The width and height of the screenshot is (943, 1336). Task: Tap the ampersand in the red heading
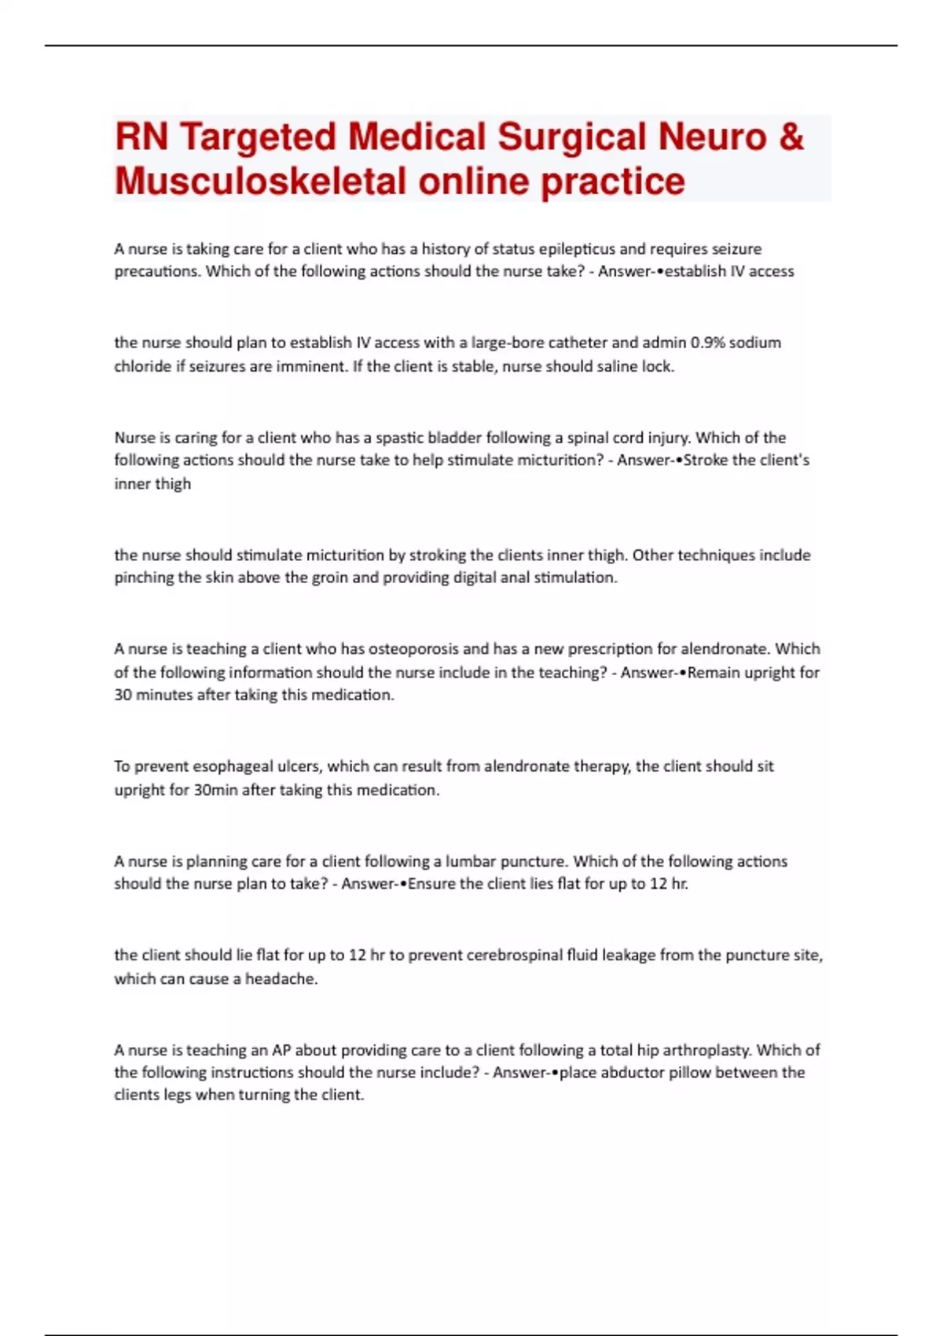(792, 137)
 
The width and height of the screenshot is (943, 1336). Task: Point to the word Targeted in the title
(258, 137)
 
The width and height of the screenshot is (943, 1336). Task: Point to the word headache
(281, 979)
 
